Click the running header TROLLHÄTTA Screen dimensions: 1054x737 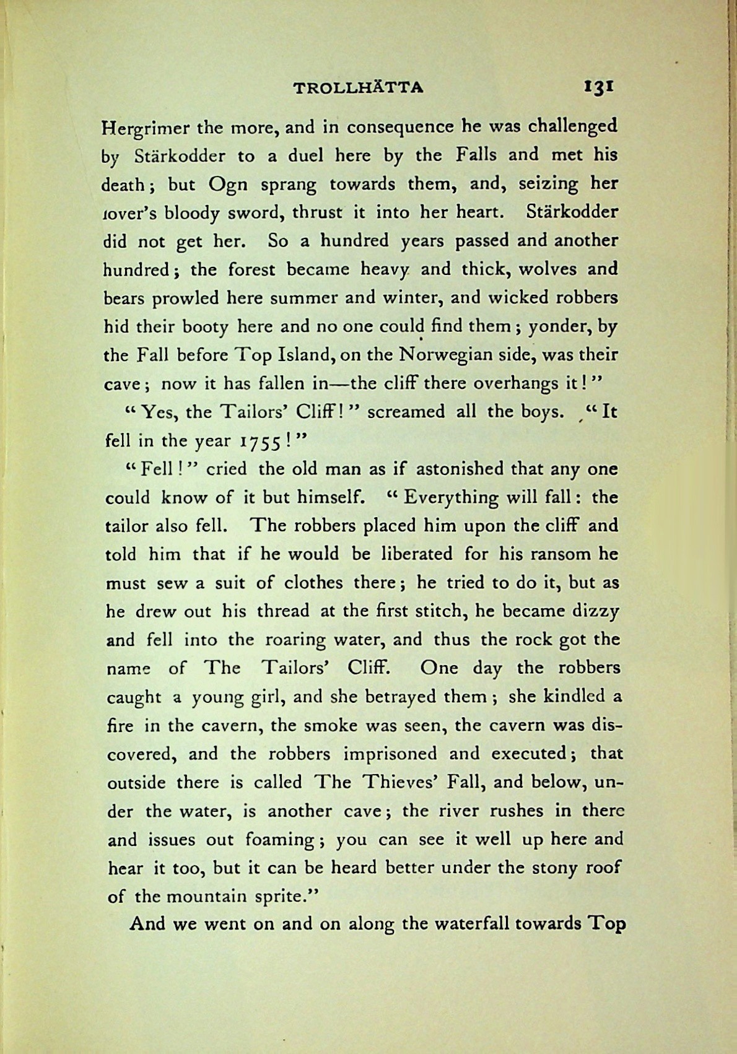click(359, 87)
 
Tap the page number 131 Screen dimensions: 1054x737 click(598, 86)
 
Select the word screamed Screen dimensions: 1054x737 click(406, 412)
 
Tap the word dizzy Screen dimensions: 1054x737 click(594, 612)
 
